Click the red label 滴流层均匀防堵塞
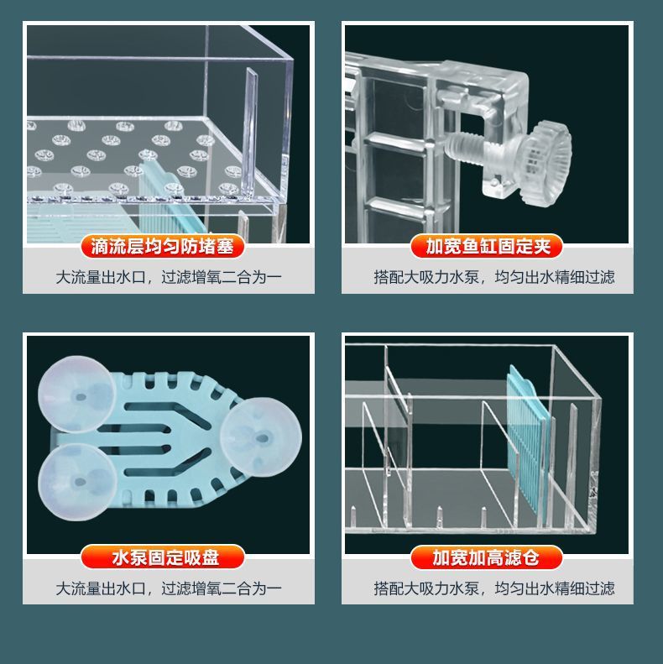point(168,246)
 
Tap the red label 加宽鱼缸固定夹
point(487,246)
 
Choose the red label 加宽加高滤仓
point(487,557)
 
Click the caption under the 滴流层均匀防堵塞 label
point(168,277)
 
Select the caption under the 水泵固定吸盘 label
point(168,588)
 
